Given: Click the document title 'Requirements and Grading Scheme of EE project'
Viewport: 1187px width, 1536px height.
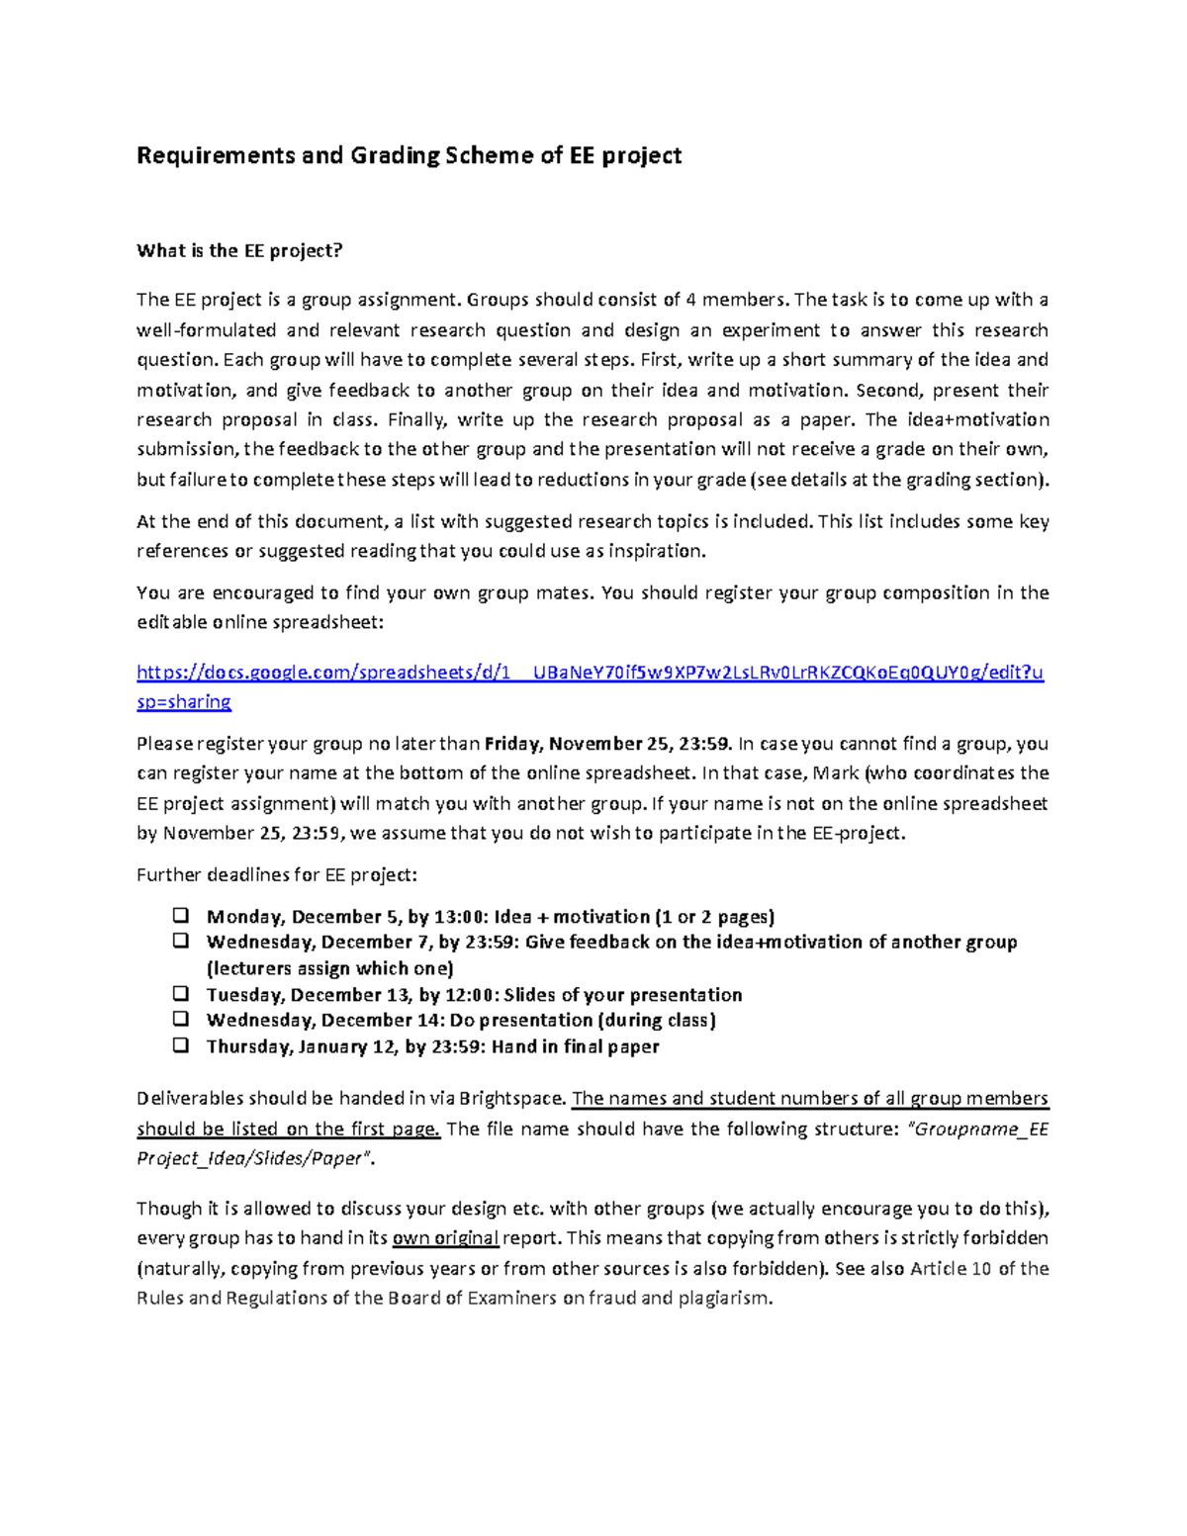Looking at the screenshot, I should (x=409, y=155).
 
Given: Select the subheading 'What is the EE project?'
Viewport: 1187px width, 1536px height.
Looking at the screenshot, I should (x=239, y=250).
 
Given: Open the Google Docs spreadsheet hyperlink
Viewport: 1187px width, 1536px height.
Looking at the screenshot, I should (x=590, y=673).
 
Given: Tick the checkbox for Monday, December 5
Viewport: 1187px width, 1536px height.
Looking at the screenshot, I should (x=181, y=915).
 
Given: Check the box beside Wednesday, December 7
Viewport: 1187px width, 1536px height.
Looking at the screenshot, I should (x=181, y=941).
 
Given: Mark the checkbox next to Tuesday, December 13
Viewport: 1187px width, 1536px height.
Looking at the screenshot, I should (x=181, y=993).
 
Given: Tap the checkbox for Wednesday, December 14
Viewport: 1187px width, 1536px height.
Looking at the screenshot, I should (x=181, y=1019).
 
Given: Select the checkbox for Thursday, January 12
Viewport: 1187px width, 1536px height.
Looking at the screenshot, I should (x=181, y=1045).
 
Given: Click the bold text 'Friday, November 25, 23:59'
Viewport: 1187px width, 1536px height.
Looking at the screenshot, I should (x=608, y=744).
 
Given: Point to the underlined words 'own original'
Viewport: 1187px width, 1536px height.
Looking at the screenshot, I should (x=445, y=1238).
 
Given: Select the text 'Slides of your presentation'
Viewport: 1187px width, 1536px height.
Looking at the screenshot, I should (x=623, y=995).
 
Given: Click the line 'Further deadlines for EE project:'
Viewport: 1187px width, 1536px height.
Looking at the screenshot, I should (x=277, y=875).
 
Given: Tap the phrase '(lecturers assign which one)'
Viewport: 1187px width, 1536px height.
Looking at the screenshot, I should (x=329, y=968).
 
